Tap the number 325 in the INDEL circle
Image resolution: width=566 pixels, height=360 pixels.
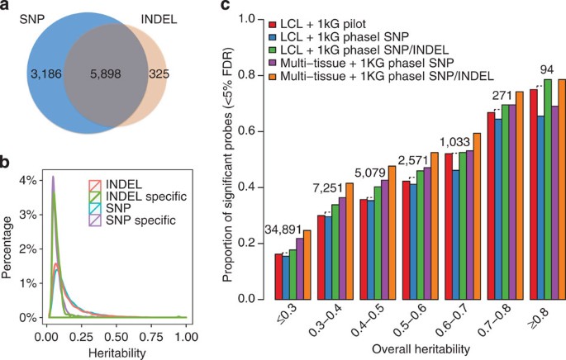coord(159,73)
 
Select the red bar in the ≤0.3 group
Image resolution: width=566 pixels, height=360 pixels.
coord(278,277)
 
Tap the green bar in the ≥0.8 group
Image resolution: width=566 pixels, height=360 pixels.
coord(548,189)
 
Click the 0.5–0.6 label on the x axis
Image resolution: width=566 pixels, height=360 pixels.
coord(418,320)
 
